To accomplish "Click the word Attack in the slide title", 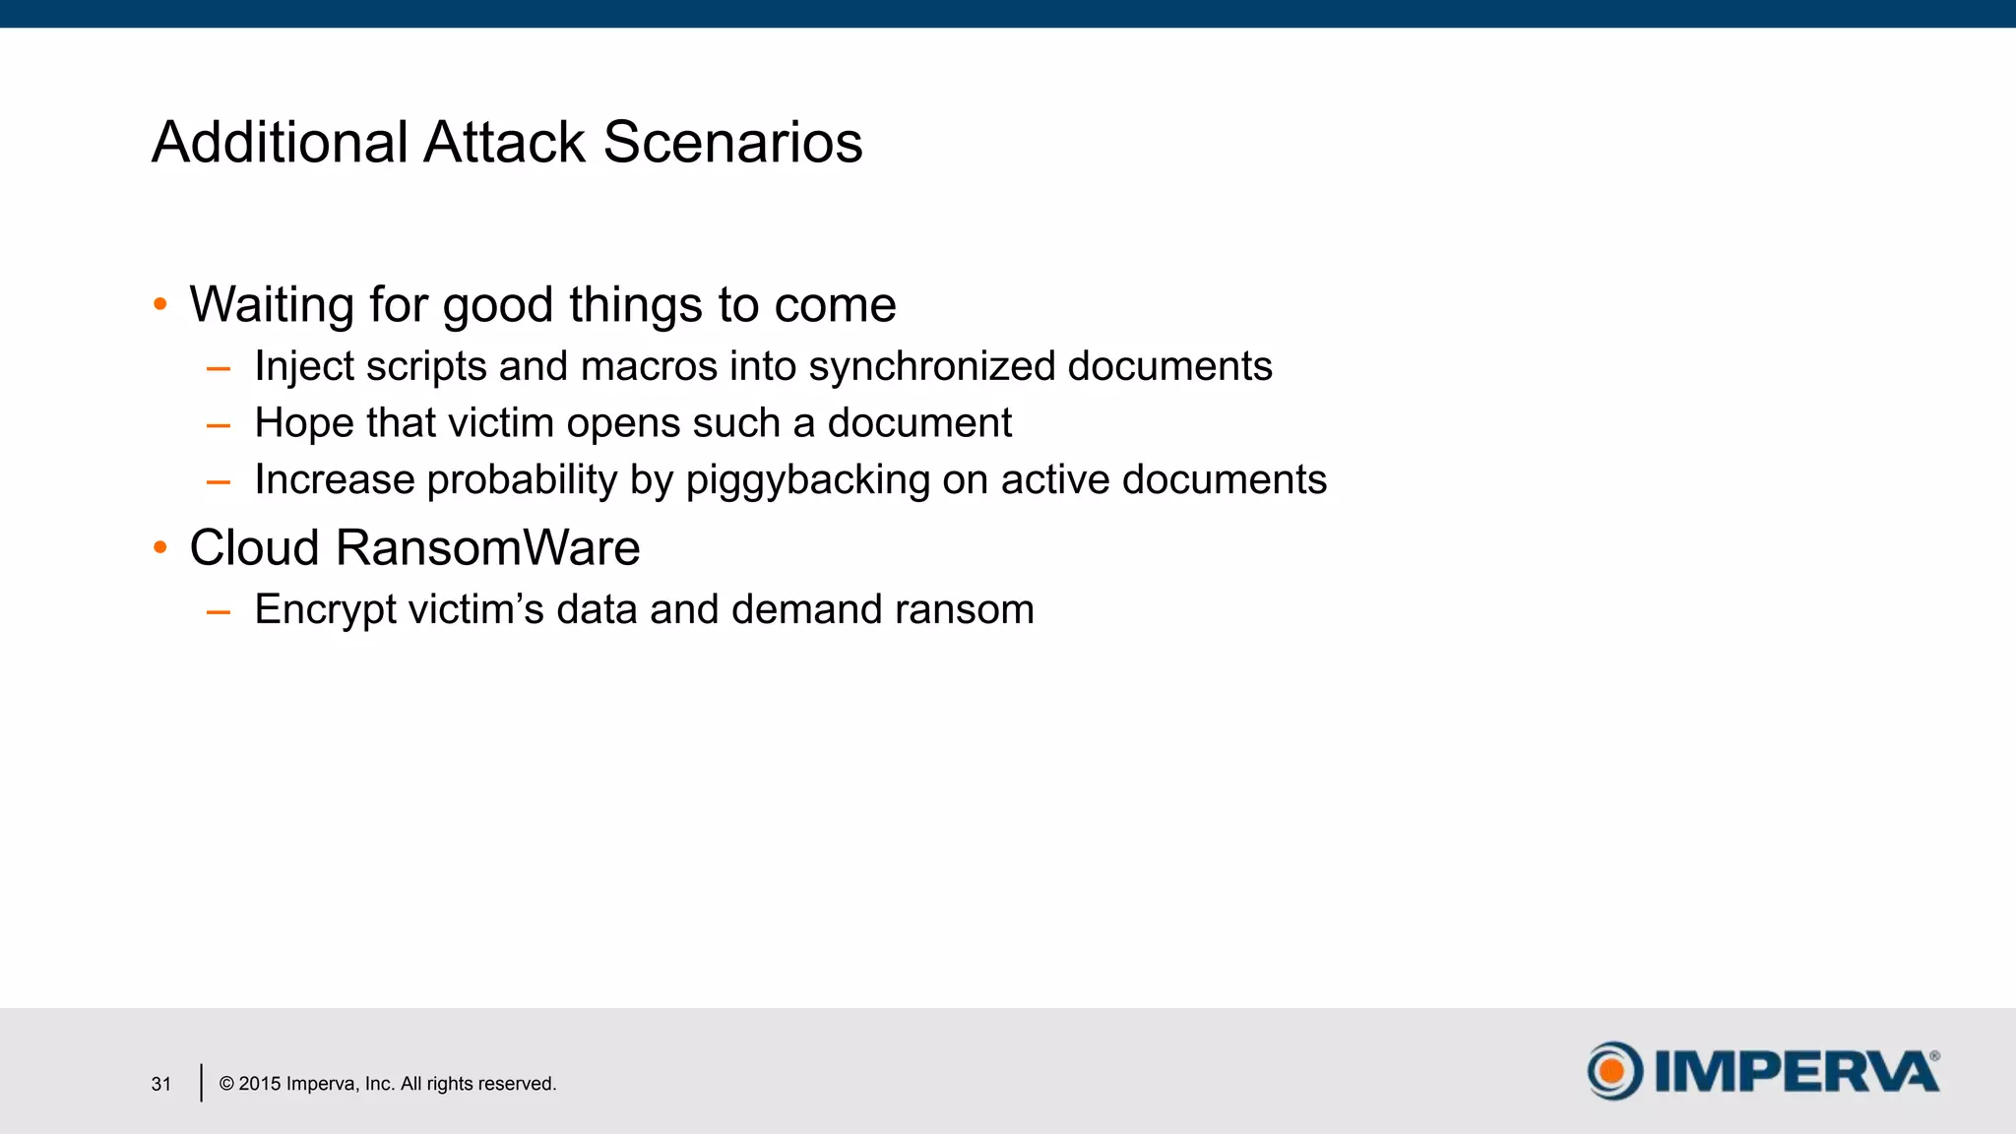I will (504, 143).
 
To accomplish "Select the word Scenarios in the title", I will (732, 143).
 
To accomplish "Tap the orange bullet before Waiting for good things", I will (160, 304).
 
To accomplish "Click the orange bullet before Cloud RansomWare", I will (160, 547).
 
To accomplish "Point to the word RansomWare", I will (487, 548).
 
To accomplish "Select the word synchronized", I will (931, 367).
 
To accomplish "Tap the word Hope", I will (303, 424).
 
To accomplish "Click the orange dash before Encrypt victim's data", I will (219, 612).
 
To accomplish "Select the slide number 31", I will (161, 1084).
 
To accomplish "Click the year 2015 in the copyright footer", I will (260, 1084).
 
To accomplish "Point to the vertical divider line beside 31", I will (201, 1083).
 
